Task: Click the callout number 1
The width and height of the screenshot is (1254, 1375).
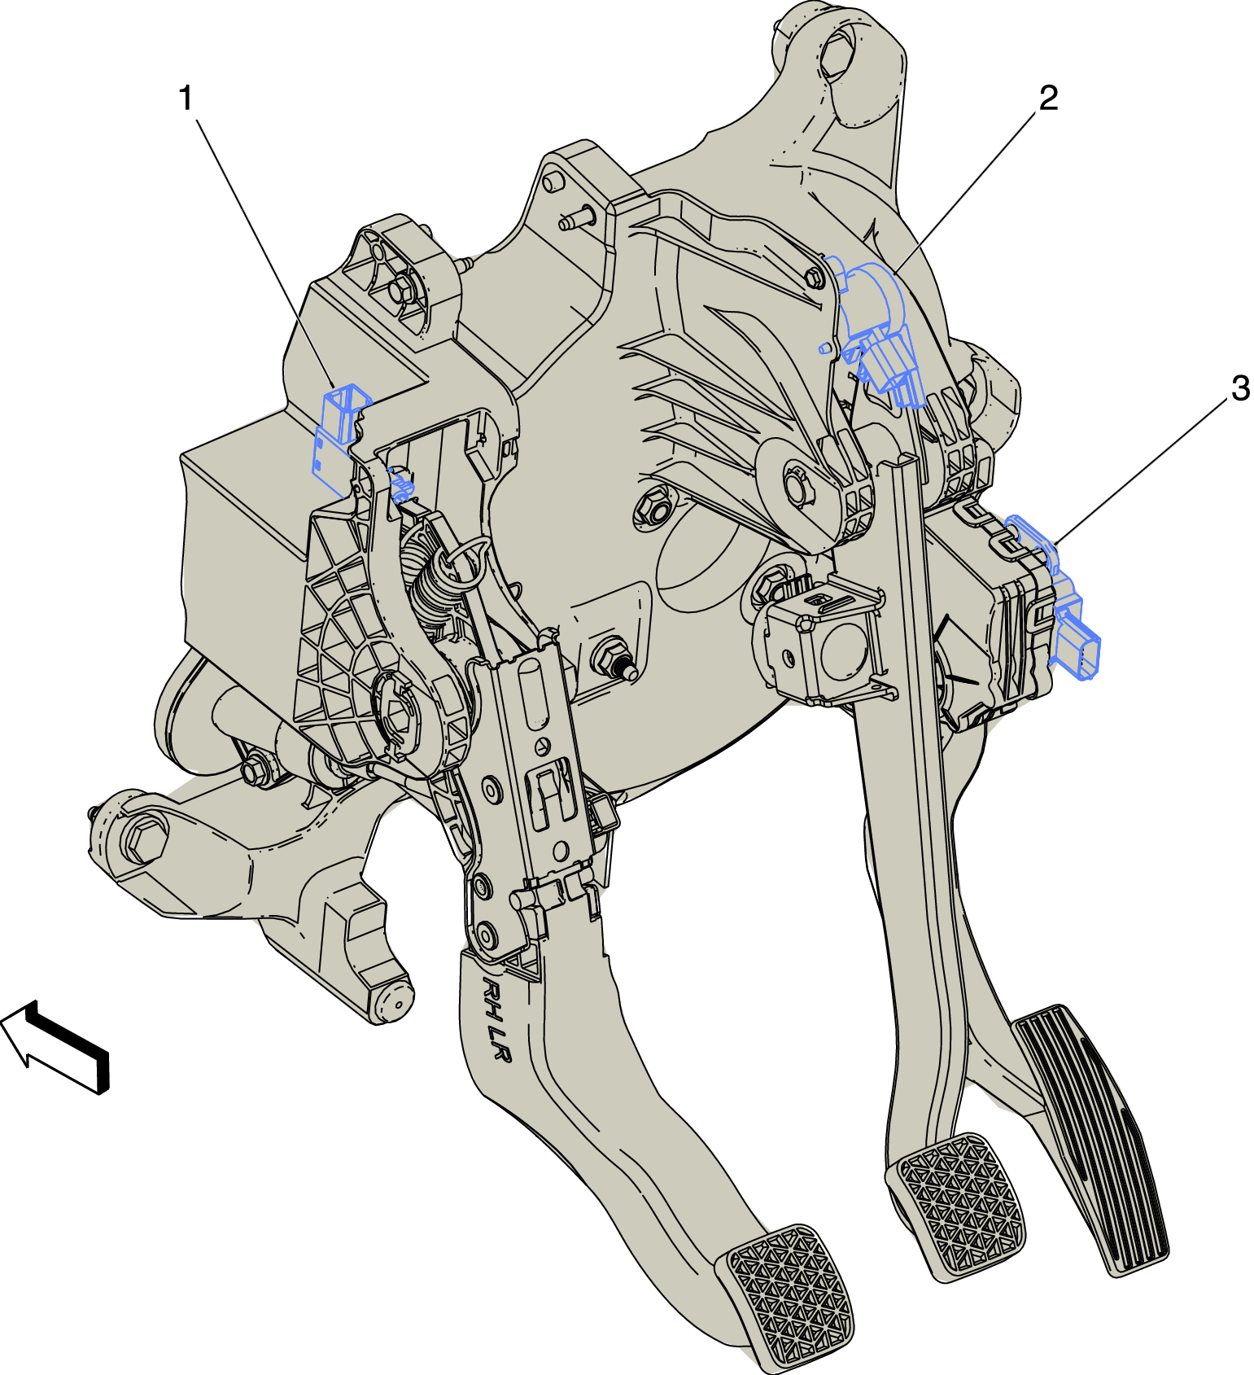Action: [x=186, y=99]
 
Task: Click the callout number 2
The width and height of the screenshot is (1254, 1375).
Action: [x=1048, y=98]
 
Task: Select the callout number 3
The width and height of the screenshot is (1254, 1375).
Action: [x=1240, y=388]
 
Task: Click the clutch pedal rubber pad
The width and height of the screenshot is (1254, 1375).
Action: [x=783, y=1294]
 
